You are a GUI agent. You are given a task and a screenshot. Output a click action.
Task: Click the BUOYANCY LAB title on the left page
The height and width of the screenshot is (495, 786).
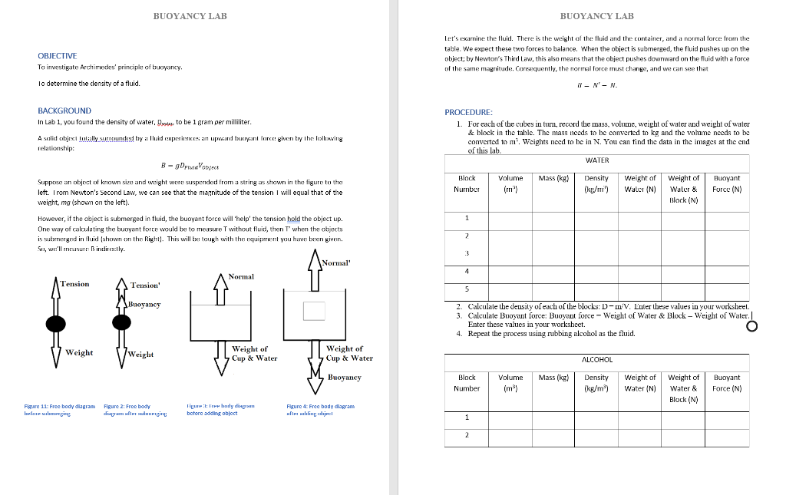click(190, 16)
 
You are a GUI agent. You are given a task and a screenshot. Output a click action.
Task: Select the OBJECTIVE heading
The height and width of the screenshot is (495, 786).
click(57, 56)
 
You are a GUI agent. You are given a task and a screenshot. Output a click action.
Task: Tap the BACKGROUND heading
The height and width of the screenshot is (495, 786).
click(64, 111)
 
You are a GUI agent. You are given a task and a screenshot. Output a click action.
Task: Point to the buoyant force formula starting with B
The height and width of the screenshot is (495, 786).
click(190, 163)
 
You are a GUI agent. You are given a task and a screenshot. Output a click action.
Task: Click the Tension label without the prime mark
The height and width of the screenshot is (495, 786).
click(74, 284)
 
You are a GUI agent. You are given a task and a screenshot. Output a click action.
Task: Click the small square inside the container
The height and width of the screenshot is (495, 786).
click(315, 310)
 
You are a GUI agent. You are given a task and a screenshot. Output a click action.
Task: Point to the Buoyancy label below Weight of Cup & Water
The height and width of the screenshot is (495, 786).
click(344, 378)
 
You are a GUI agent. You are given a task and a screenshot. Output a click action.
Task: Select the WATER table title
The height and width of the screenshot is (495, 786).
click(596, 160)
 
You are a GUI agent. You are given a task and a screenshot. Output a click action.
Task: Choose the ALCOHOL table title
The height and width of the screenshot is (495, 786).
click(596, 359)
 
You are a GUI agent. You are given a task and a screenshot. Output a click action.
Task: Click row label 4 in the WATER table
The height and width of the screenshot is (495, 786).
click(467, 271)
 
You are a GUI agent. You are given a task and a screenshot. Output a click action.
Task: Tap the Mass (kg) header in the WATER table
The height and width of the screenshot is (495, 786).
click(553, 178)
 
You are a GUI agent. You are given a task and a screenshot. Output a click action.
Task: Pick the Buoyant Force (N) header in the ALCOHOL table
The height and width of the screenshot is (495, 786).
click(726, 382)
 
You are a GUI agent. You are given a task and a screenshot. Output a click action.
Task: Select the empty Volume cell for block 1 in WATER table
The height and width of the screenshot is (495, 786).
click(510, 218)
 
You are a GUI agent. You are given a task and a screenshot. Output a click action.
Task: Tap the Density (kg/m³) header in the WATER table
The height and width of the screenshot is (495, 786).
click(596, 183)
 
